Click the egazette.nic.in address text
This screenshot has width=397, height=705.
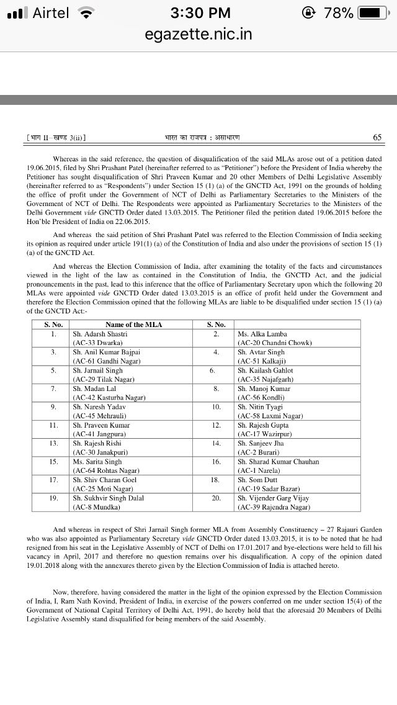click(198, 34)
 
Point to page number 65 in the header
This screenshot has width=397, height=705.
click(377, 137)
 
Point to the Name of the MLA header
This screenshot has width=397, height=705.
click(133, 325)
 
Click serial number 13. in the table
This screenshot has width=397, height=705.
click(53, 443)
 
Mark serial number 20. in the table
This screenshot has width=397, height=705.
click(216, 498)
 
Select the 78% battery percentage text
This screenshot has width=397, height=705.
click(338, 12)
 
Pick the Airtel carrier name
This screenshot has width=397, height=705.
click(50, 12)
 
